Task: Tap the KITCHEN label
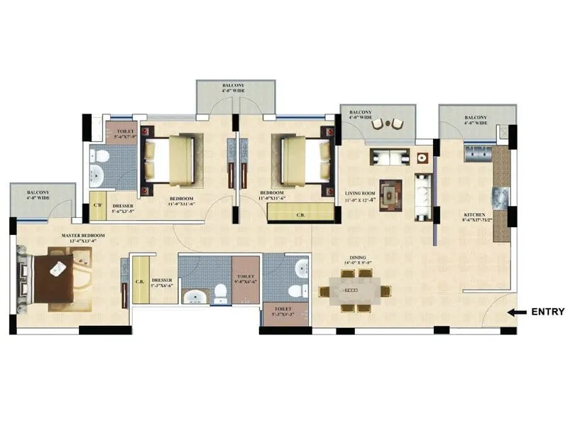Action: pyautogui.click(x=474, y=214)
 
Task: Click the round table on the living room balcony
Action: pyautogui.click(x=387, y=124)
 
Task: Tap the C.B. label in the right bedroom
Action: pyautogui.click(x=300, y=213)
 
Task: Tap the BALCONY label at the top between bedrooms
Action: pyautogui.click(x=236, y=87)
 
